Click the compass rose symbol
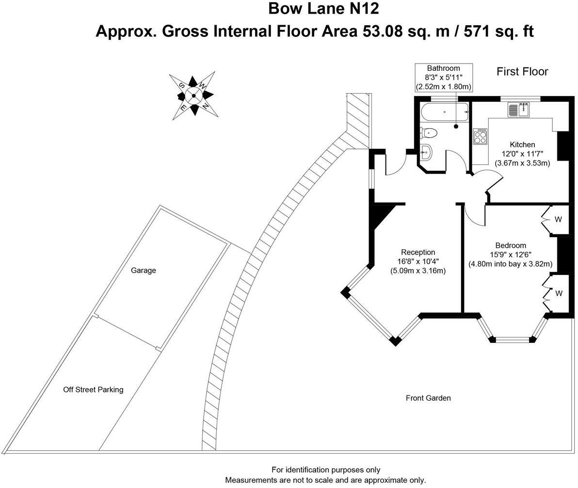[194, 96]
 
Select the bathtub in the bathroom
[445, 112]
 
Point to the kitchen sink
[519, 110]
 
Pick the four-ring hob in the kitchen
[481, 137]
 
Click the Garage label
[144, 270]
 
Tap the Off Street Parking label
[93, 390]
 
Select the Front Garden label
[428, 398]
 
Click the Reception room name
[418, 252]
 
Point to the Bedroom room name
[511, 245]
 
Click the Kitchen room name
[522, 145]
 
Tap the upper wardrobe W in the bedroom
[558, 219]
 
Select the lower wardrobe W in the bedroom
[559, 293]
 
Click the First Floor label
[522, 71]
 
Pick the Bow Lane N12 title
[323, 8]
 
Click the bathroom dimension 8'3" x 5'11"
[444, 78]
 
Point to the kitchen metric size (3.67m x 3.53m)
[522, 163]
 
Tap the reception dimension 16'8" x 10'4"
[418, 261]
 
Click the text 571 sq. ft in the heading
[499, 32]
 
